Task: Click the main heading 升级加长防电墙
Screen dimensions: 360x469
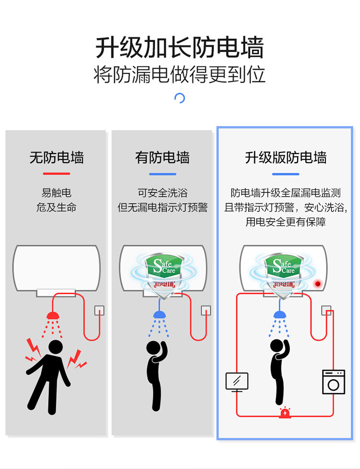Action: tap(180, 48)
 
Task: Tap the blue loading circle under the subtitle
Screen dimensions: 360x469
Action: tap(180, 98)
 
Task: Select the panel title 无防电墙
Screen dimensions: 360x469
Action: tap(57, 157)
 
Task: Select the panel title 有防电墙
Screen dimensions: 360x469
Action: tap(162, 157)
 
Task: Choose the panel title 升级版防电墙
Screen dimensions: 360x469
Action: tap(286, 157)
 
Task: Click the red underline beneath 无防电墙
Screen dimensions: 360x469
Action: tap(57, 174)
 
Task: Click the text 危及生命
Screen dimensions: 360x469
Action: tap(57, 208)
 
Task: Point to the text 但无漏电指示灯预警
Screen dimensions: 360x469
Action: tap(162, 208)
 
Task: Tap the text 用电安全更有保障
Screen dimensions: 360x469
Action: tap(286, 222)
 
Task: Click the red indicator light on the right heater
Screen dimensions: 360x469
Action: tap(317, 284)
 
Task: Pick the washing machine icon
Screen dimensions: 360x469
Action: tap(334, 382)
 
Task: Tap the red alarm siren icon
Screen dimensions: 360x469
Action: tap(285, 412)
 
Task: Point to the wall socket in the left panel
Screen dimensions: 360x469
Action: tap(99, 310)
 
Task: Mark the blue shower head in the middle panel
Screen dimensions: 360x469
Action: tap(158, 315)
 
